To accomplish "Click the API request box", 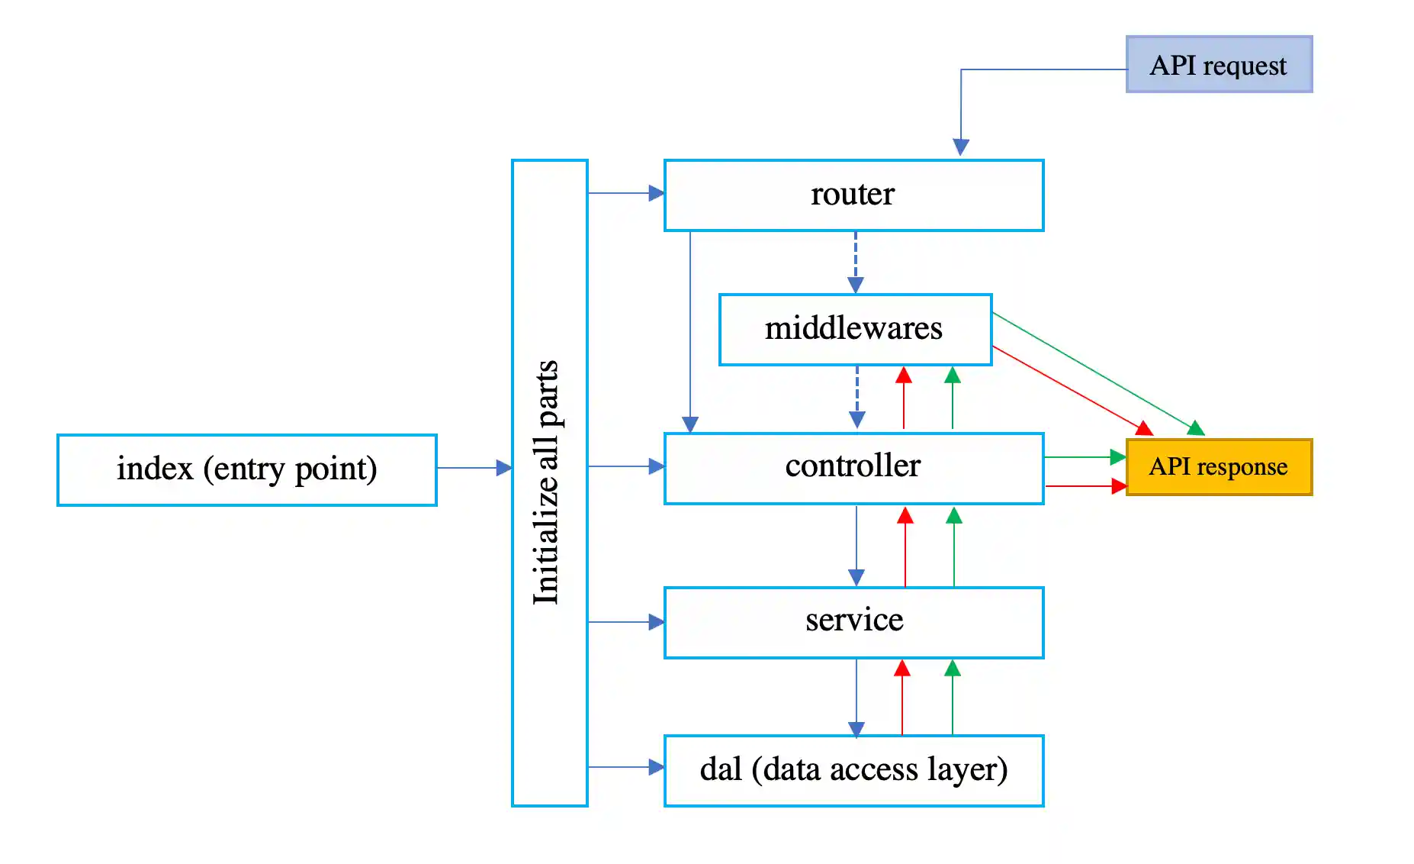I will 1219,65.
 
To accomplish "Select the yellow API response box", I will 1219,466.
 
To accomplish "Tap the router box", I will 853,195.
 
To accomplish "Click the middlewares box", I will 854,329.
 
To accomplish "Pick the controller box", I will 853,467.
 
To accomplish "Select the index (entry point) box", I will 246,469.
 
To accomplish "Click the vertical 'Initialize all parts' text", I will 547,482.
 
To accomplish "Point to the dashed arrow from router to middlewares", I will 856,260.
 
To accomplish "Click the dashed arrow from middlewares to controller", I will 857,395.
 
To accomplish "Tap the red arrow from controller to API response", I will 1083,485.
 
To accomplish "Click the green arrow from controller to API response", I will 1083,457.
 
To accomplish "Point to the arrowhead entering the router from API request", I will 961,147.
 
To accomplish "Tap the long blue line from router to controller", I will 690,328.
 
